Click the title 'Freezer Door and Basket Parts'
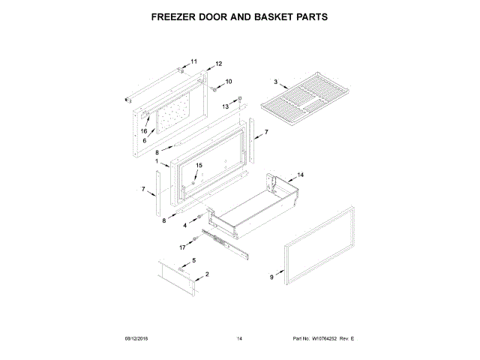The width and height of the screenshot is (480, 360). click(240, 15)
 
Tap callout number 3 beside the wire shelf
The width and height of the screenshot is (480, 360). click(275, 82)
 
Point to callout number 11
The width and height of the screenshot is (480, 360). click(192, 61)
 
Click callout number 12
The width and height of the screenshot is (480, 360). click(219, 64)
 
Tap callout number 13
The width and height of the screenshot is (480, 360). click(224, 107)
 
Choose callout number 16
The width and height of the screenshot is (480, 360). click(144, 130)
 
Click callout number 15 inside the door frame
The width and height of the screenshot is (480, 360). click(199, 165)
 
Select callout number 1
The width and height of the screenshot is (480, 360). click(157, 161)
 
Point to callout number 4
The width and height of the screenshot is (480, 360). click(185, 224)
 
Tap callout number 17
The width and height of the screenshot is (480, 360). click(182, 247)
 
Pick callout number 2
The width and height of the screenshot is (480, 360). click(206, 274)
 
